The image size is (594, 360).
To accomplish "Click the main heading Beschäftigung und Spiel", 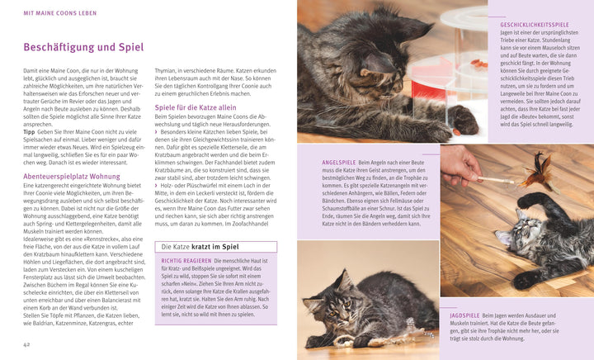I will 83,48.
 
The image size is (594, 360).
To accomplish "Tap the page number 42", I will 28,343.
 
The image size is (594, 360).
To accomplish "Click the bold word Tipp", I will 30,131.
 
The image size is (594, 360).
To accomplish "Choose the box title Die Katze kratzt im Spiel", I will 201,247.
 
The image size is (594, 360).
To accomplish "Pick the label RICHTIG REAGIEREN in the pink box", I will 184,261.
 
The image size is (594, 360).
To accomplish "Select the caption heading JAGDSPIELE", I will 464,315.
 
